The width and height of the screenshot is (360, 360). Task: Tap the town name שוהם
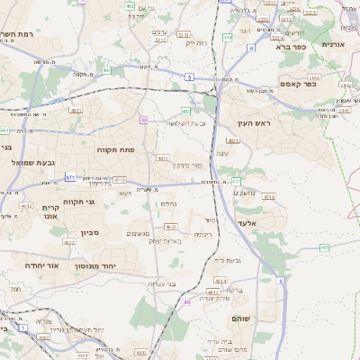(242, 319)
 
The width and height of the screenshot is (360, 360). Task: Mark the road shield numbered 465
(324, 247)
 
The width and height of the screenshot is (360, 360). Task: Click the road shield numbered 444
(226, 37)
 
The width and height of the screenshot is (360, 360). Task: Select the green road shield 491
(107, 69)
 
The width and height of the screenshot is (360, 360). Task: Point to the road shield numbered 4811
(233, 141)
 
